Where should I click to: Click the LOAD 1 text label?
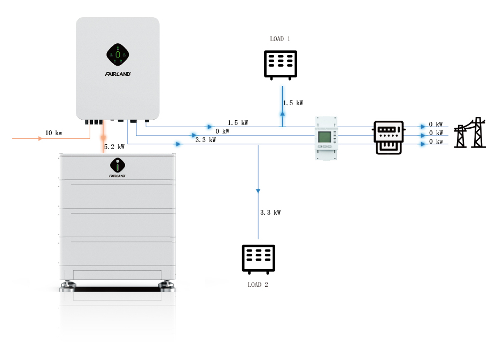280,39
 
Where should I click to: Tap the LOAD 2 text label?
258,285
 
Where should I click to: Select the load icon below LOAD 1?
281,65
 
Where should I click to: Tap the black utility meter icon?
389,137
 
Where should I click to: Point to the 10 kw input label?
53,132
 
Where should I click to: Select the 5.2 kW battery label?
114,146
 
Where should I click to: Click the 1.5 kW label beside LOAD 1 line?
292,103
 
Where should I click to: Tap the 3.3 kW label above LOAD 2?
270,212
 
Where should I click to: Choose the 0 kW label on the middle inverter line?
222,131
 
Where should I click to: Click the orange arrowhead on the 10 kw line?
40,138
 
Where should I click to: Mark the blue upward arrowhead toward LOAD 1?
282,114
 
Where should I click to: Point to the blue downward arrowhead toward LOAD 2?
258,191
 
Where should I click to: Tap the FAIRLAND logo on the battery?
117,175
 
